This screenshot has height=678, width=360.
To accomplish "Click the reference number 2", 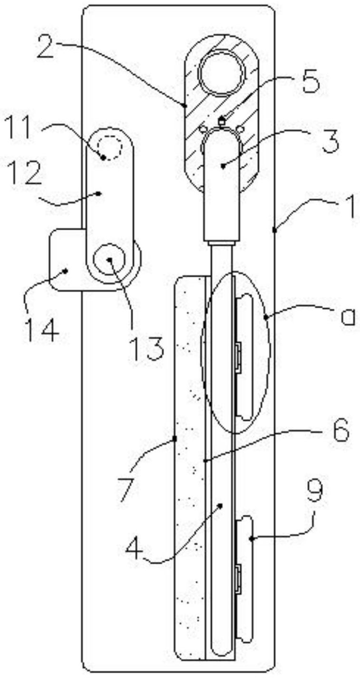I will pos(46,49).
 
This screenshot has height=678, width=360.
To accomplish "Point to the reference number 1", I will pos(349,208).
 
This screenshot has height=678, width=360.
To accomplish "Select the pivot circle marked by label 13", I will pos(109,259).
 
